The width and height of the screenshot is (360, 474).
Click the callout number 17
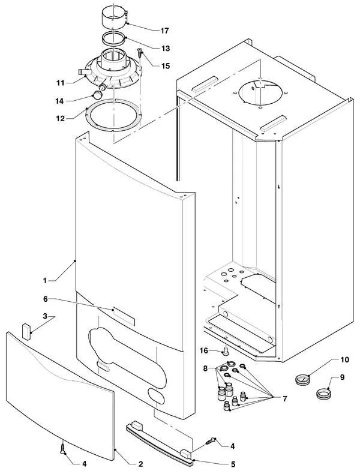click(164, 31)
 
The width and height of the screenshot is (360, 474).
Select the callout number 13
click(166, 49)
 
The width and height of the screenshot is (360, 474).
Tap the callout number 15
click(166, 66)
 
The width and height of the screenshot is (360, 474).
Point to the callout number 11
click(60, 83)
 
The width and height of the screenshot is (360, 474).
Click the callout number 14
click(59, 101)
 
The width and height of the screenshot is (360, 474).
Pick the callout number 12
click(61, 119)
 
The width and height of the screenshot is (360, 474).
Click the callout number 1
click(45, 281)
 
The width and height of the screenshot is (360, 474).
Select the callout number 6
click(46, 299)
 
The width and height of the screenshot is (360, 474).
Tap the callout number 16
click(204, 350)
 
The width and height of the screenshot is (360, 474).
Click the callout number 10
click(344, 359)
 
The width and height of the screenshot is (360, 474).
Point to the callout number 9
click(342, 377)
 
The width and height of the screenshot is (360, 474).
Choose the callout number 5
click(233, 464)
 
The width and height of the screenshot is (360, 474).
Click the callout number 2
click(140, 464)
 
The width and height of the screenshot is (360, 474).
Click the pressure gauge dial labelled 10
click(302, 380)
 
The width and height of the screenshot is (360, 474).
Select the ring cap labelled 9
click(324, 393)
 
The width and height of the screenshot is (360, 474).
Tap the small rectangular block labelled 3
click(26, 332)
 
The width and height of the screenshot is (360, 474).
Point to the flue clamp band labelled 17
click(114, 19)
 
